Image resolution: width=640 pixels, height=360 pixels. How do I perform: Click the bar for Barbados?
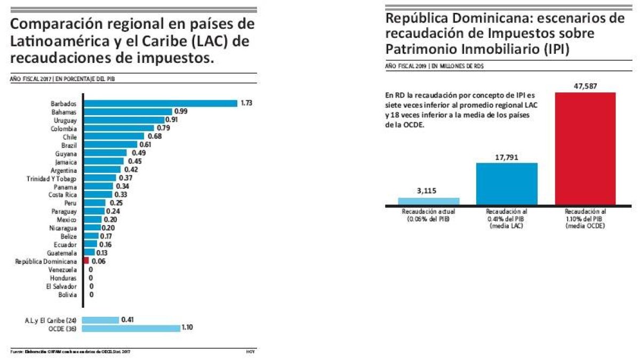tap(160, 103)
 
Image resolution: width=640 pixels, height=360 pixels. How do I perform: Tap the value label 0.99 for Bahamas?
tap(182, 111)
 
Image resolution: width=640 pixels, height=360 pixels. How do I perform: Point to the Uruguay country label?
tap(66, 121)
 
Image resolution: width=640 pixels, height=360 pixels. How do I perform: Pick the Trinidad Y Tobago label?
tap(52, 178)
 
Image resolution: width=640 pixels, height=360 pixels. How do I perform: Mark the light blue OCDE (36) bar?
tap(131, 329)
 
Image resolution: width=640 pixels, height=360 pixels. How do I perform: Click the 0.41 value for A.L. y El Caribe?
tap(127, 319)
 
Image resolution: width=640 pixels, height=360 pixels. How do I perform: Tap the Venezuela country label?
tap(64, 270)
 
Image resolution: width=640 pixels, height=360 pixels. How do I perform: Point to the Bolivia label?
tap(68, 294)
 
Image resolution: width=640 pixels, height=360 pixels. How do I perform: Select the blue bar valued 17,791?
tap(506, 183)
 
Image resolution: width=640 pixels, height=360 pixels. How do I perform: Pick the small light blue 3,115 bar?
tap(428, 201)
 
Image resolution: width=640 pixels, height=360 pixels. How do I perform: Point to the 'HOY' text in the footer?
tap(251, 351)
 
